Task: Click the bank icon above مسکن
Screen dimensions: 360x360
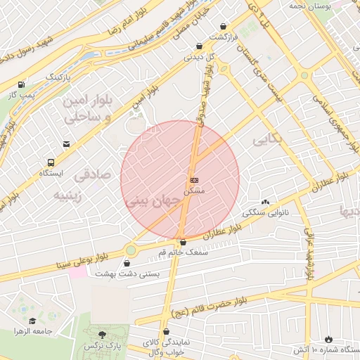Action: (x=195, y=180)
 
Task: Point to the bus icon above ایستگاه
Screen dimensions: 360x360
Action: (x=51, y=162)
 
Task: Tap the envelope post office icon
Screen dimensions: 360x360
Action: (x=66, y=144)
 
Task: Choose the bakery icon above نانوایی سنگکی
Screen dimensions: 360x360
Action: (x=265, y=201)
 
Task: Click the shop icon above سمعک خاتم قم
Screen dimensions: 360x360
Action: (x=183, y=242)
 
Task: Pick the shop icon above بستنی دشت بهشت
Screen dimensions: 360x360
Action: (x=127, y=264)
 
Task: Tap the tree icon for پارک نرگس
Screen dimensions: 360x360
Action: (x=103, y=335)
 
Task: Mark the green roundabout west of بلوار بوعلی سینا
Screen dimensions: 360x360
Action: (x=130, y=250)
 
